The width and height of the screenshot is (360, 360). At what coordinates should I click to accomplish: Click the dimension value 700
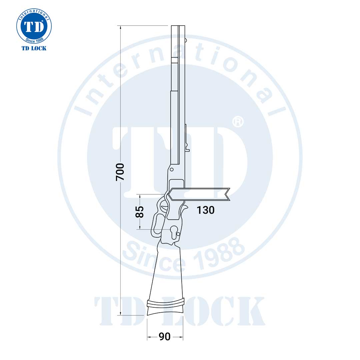[120, 172]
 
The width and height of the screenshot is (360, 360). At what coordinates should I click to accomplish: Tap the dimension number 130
[205, 210]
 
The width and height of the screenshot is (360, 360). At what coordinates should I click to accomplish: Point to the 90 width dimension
[164, 337]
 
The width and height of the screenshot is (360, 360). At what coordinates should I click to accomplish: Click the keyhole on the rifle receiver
[174, 231]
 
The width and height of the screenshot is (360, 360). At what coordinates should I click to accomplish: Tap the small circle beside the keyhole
[179, 234]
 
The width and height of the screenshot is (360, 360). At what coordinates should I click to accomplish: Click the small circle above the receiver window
[172, 170]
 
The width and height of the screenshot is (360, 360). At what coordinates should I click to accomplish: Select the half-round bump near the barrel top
[186, 40]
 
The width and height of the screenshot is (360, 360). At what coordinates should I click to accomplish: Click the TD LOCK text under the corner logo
[34, 48]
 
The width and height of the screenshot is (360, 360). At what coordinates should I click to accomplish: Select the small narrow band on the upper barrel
[175, 60]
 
